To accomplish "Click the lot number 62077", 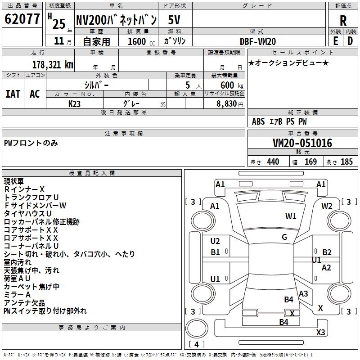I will coord(22,19).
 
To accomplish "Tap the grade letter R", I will coord(343,21).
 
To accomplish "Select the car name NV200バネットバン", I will coord(116,20).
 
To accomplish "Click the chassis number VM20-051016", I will coord(302,143).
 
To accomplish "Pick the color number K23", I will coord(75,103).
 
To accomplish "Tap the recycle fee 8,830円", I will coord(229,103).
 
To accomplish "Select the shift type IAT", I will coord(13,94).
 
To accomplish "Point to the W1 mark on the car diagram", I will coord(291,216).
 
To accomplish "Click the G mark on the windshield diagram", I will coord(284,237).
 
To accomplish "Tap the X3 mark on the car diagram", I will coord(320,333).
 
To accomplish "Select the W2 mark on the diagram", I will coord(327,206).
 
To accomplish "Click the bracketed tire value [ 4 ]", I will coord(196,344).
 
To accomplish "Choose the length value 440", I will coord(273,162).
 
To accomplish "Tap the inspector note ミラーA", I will coord(17,295).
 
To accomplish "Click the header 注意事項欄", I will coord(124,134).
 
